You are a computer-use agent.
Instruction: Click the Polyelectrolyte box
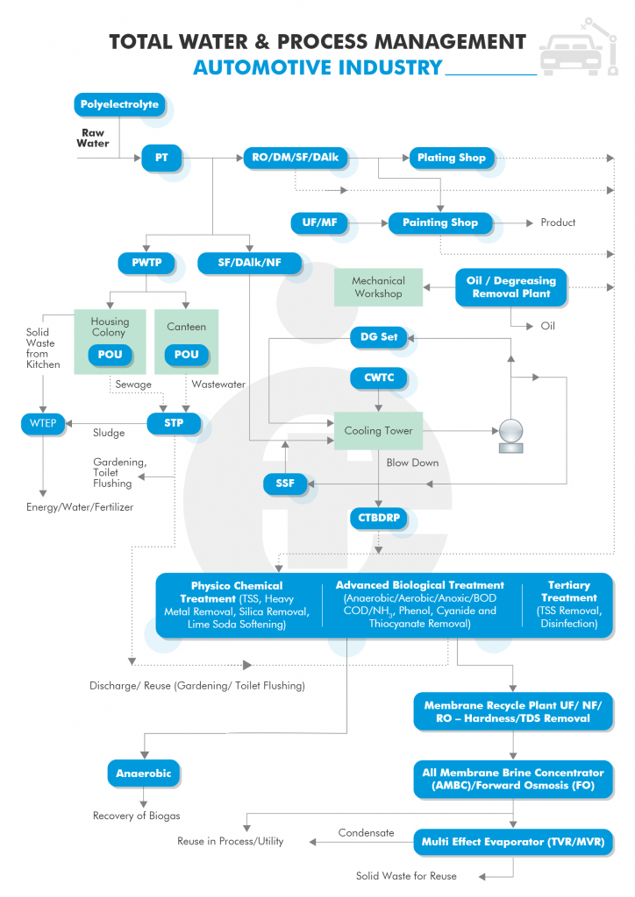tap(119, 105)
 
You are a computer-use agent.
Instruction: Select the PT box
tap(161, 158)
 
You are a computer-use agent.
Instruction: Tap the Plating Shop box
tap(451, 158)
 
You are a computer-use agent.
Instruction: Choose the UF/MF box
tap(319, 222)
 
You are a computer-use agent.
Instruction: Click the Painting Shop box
tap(439, 223)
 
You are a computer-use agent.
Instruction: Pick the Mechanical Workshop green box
tap(379, 287)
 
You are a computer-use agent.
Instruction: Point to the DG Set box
tap(379, 337)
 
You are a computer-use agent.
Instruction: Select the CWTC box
tap(379, 378)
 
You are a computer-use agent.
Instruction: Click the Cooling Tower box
tap(379, 431)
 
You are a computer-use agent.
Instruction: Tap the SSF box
tap(284, 484)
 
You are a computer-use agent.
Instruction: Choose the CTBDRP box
tap(379, 519)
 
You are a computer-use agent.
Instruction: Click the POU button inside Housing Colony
tap(110, 355)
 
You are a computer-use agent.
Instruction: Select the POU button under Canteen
tap(186, 355)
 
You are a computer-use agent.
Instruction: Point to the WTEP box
tap(43, 424)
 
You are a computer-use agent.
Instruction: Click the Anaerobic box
tap(143, 774)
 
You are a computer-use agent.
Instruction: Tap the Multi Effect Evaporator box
tap(513, 842)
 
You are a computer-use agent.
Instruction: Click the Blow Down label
tap(412, 463)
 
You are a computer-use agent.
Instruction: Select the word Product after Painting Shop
tap(558, 222)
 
